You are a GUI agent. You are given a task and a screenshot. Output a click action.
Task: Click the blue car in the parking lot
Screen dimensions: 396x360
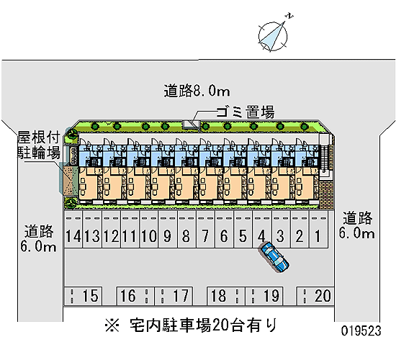point(275,257)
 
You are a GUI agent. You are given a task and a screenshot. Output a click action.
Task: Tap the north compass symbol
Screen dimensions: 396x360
point(274,35)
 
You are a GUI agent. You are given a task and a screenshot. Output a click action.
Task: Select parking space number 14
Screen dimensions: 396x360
point(73,230)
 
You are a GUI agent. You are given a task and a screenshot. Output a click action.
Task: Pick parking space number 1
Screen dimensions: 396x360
point(318,230)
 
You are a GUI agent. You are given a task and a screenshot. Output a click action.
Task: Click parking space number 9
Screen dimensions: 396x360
point(168,230)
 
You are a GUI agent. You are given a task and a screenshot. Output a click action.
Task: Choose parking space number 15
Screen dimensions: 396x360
point(83,296)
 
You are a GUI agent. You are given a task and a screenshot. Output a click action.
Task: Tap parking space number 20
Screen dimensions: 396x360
point(315,296)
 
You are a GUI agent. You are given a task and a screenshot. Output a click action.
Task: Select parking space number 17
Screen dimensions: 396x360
point(174,296)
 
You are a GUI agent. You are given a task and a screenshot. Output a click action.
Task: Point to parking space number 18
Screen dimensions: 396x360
point(226,296)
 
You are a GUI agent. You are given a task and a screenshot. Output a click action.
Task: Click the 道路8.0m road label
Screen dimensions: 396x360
point(197,91)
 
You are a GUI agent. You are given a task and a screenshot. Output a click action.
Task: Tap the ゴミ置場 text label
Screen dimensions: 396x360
point(246,112)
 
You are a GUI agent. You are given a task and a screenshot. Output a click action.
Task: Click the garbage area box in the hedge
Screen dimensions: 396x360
point(192,125)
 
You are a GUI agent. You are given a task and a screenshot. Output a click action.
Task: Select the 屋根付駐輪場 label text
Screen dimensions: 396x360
point(39,145)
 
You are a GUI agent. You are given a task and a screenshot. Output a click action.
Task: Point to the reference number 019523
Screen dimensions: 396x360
point(361,330)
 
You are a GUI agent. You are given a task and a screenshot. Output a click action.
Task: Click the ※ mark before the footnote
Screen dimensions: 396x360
point(112,325)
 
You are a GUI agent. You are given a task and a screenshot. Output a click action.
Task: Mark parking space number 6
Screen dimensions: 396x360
point(224,230)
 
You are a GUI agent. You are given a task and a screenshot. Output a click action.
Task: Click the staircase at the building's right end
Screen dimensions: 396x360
point(325,158)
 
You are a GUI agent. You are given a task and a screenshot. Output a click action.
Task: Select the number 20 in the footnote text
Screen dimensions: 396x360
point(220,325)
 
